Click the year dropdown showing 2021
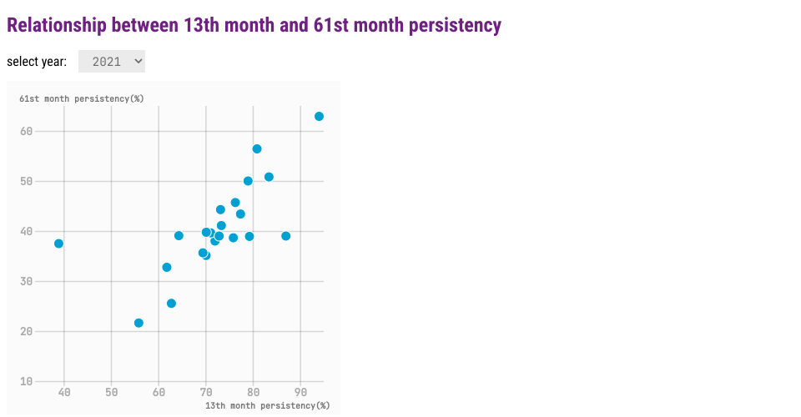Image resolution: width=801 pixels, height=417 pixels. click(x=112, y=62)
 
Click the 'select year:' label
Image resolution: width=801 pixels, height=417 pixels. click(x=37, y=62)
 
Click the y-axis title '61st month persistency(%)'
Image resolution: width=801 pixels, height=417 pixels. click(x=82, y=98)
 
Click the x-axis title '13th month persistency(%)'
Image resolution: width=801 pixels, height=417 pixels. click(x=267, y=405)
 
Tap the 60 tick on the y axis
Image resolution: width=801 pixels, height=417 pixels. click(x=27, y=131)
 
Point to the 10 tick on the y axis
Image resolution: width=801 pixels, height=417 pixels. click(x=27, y=381)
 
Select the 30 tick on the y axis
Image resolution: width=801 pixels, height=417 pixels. click(x=27, y=281)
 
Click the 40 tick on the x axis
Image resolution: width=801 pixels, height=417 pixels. click(x=64, y=392)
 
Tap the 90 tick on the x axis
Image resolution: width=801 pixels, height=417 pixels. click(x=300, y=392)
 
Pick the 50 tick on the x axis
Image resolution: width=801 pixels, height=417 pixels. click(x=112, y=392)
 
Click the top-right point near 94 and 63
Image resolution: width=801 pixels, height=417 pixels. click(x=319, y=117)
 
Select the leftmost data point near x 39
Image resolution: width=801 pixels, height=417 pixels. click(x=58, y=244)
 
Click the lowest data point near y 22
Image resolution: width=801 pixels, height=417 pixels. click(x=139, y=323)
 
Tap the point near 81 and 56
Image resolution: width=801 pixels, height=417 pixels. click(x=257, y=149)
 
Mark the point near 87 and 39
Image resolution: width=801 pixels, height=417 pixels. click(x=286, y=236)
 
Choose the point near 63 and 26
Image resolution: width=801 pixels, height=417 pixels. click(x=171, y=304)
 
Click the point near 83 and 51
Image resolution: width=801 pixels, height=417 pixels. click(x=269, y=177)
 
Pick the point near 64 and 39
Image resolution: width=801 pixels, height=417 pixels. click(x=179, y=236)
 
